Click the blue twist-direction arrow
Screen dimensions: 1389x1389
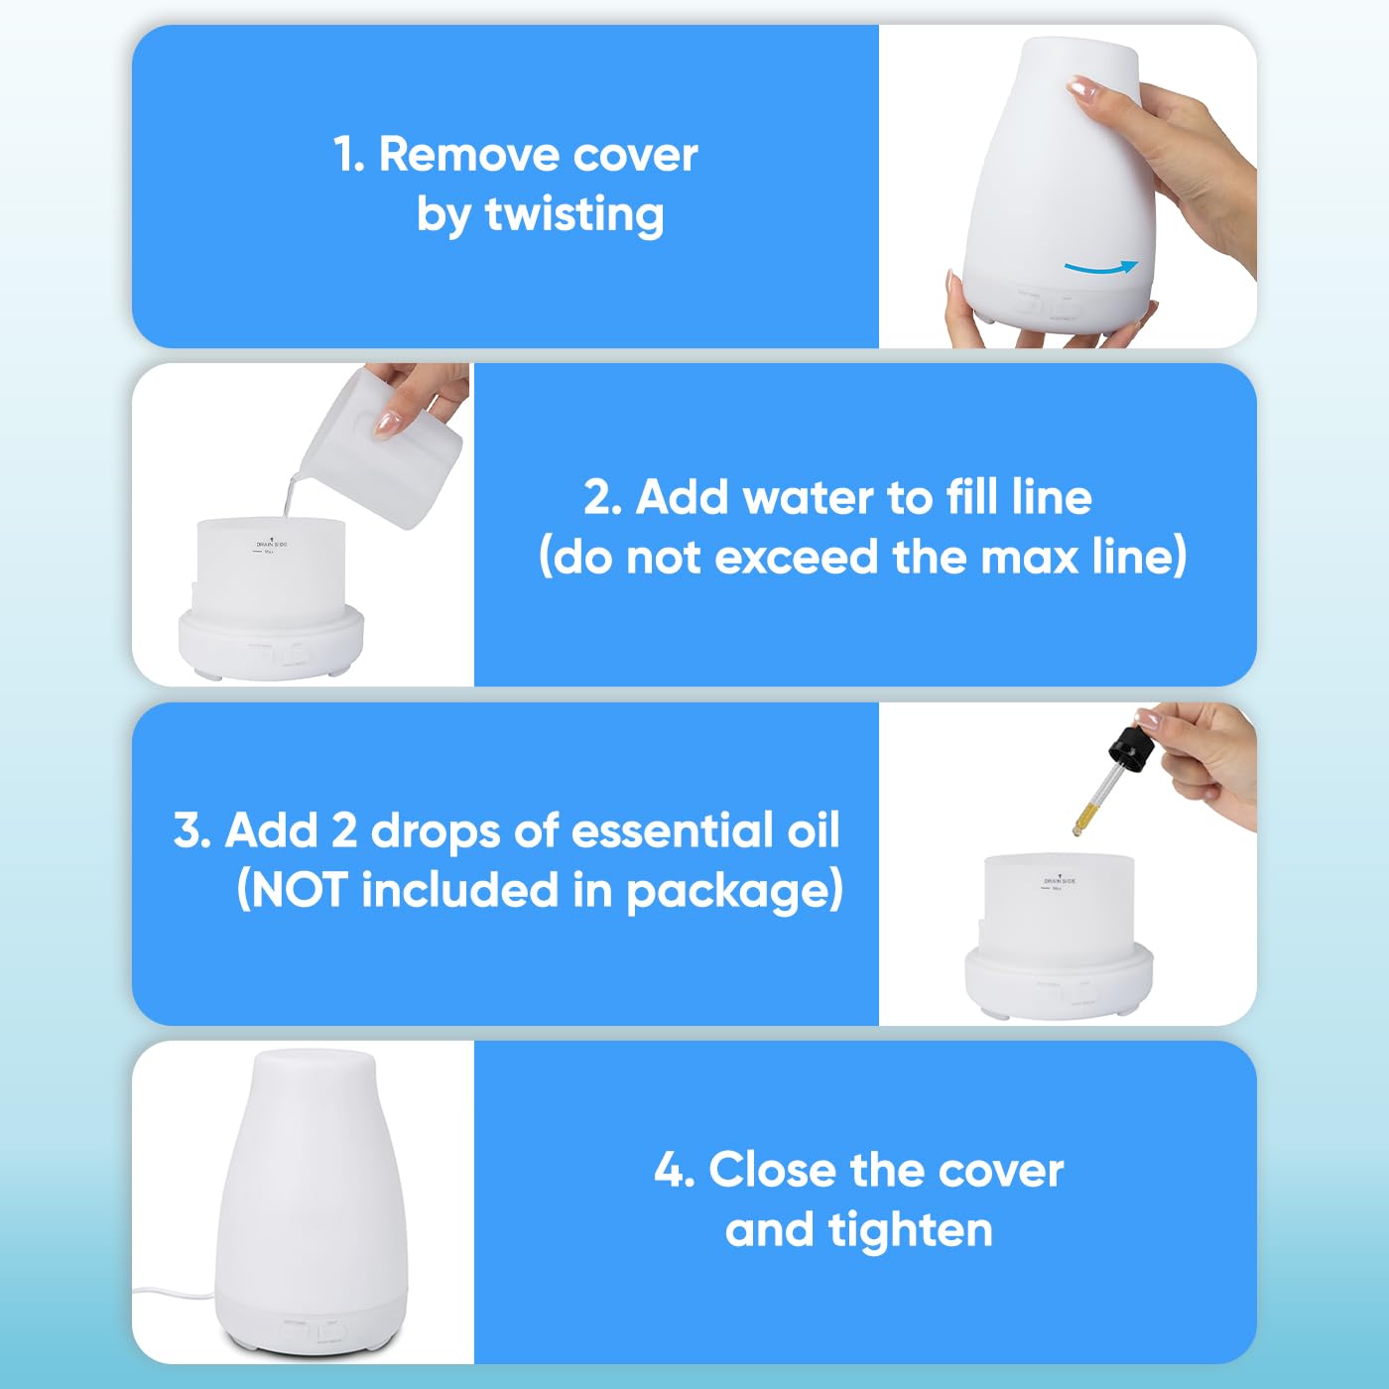(x=1100, y=268)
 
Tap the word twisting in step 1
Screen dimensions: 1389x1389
(x=574, y=215)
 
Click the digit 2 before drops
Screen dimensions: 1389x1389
(x=344, y=830)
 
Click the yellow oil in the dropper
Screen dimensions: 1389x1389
(x=1082, y=819)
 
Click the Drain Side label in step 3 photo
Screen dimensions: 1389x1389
(x=1059, y=880)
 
